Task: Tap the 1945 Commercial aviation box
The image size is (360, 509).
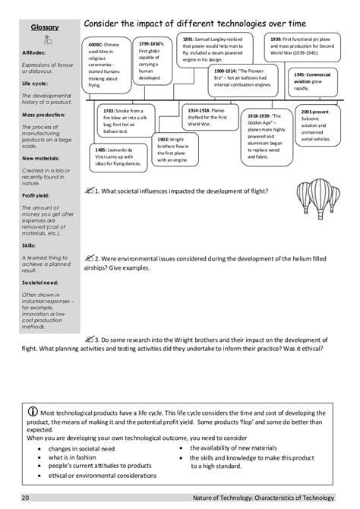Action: click(311, 80)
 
